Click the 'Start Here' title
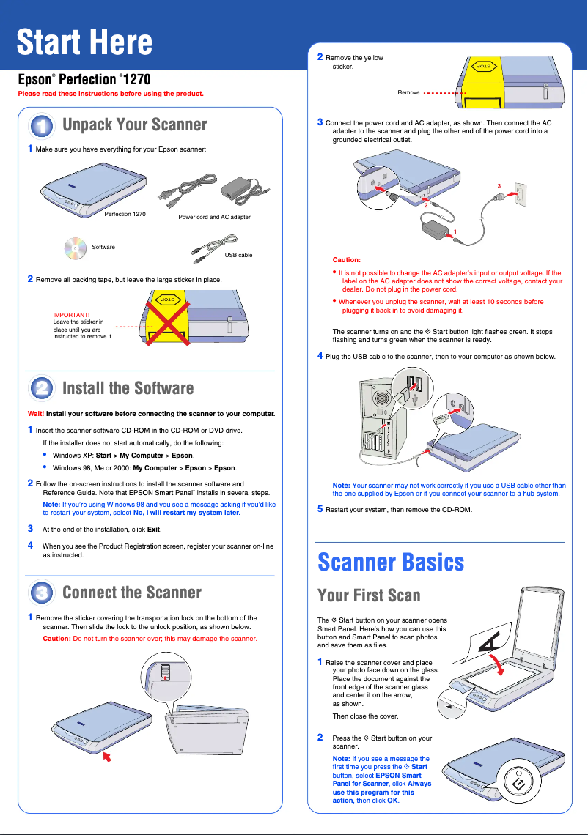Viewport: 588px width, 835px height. click(84, 42)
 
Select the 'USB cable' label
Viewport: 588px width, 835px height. click(238, 255)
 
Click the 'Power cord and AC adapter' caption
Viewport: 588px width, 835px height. click(214, 218)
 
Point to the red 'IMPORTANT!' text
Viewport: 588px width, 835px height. click(71, 315)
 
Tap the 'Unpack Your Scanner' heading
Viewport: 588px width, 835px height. click(135, 125)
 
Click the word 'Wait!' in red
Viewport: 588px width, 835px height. click(35, 414)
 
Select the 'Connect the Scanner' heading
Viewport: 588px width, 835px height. click(132, 592)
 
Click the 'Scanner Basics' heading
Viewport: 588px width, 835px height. click(391, 562)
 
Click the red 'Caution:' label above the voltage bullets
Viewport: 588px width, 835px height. click(346, 260)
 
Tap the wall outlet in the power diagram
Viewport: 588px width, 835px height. click(520, 194)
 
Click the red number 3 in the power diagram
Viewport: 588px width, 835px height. click(499, 186)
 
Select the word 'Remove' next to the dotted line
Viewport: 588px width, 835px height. click(408, 93)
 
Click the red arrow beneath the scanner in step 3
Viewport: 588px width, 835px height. click(109, 755)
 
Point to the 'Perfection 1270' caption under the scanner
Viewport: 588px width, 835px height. click(125, 215)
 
